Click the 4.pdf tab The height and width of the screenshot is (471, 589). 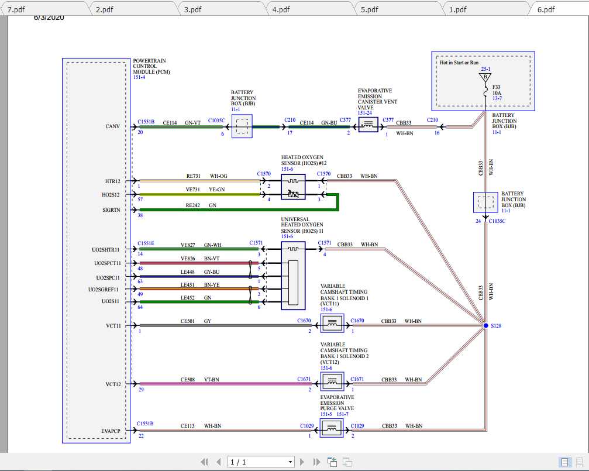click(281, 9)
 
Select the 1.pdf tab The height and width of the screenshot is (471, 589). click(457, 9)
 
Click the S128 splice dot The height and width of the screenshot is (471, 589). click(485, 325)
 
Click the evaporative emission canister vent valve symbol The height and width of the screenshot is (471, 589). click(368, 125)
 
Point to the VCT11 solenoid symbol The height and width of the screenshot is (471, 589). click(332, 324)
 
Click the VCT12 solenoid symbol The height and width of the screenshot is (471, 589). click(332, 383)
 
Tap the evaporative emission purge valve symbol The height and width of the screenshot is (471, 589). click(332, 431)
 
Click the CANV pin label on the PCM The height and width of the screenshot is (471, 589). click(113, 126)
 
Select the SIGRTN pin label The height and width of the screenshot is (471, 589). click(112, 209)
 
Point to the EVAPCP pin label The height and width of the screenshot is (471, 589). click(110, 431)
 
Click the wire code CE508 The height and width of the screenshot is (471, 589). click(188, 380)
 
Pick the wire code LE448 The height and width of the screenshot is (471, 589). click(187, 273)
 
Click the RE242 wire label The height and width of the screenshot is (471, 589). click(193, 205)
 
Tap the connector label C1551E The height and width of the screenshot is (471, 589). click(146, 243)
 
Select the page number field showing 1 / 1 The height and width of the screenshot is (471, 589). click(261, 462)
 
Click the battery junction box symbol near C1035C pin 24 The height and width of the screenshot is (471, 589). click(485, 202)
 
